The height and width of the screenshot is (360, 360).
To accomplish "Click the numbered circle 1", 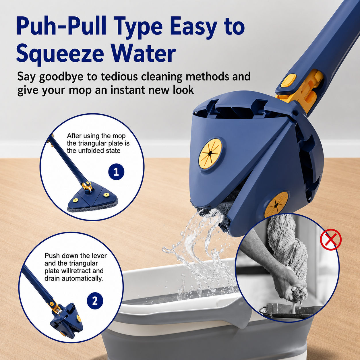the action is (x=116, y=171).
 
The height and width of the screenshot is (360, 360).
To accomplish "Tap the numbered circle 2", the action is (x=95, y=301).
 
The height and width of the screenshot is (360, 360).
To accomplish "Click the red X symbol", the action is (x=331, y=239).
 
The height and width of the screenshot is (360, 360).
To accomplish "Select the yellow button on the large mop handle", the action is (x=289, y=81).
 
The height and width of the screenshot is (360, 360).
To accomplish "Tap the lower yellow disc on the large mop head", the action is (x=276, y=205).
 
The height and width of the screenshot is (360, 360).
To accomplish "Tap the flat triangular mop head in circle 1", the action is (x=92, y=198).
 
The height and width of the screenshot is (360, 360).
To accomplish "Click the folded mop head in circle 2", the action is (x=67, y=320).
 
